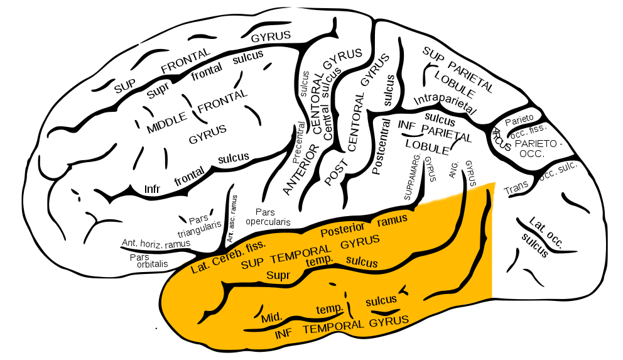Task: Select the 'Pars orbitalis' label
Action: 149,261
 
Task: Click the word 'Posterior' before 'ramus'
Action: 342,229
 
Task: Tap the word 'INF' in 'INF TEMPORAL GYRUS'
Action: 284,334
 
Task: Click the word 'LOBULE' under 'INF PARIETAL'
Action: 427,147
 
